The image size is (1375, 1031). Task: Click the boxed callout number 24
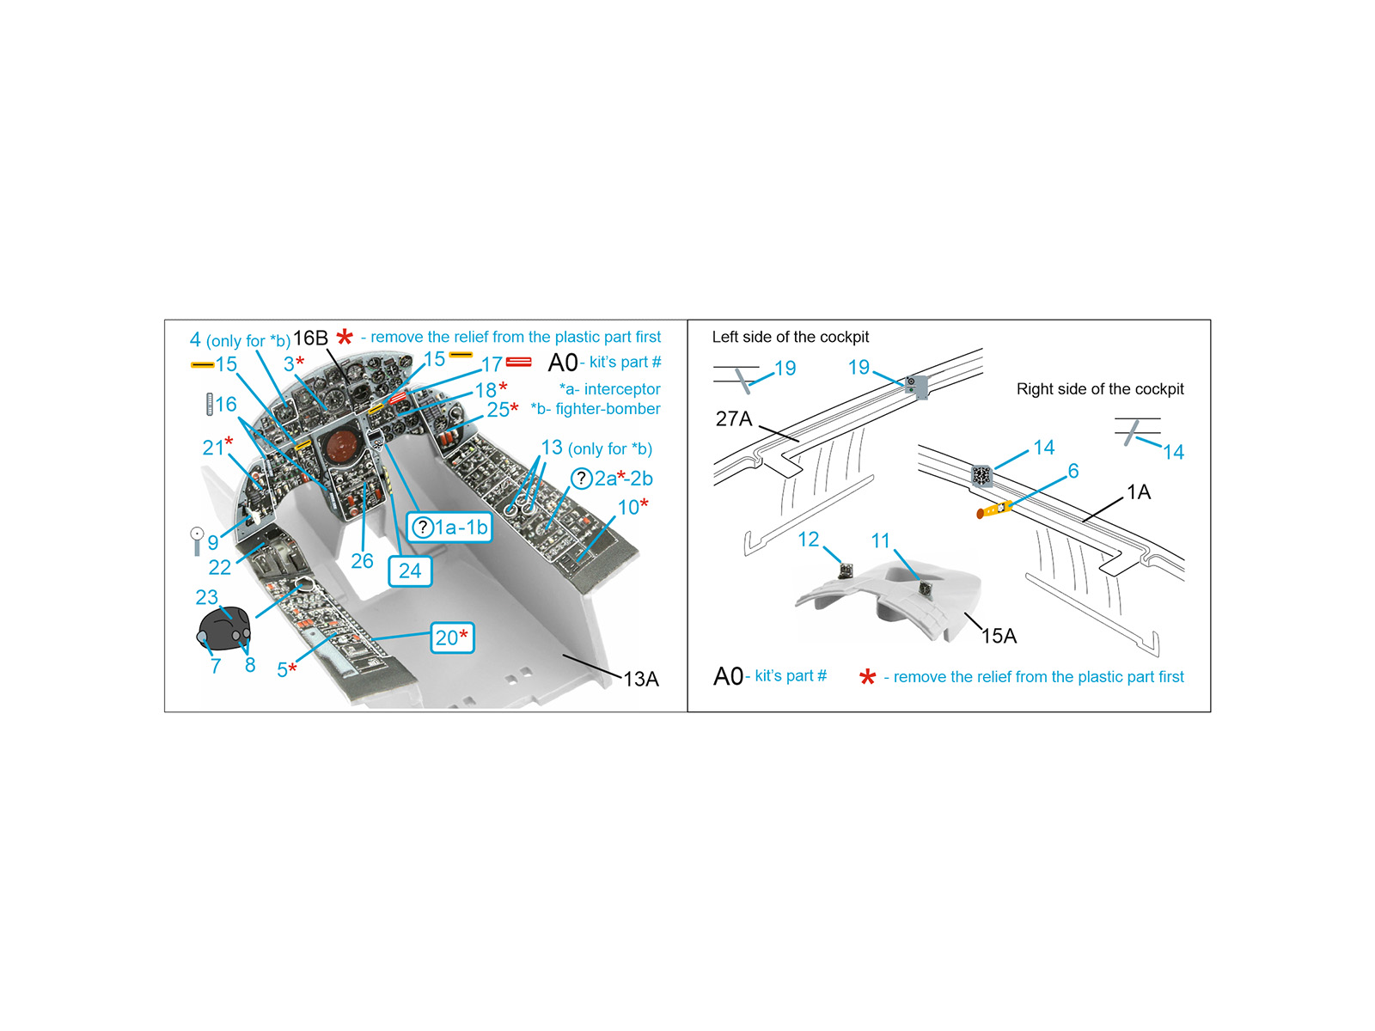click(x=410, y=570)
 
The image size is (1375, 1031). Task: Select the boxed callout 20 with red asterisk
click(x=452, y=638)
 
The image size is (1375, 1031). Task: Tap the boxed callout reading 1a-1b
click(x=449, y=527)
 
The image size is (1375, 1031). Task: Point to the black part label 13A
click(x=641, y=679)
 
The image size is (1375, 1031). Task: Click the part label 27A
click(x=734, y=418)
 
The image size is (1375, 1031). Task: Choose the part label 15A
click(x=999, y=636)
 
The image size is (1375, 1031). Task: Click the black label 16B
click(x=310, y=338)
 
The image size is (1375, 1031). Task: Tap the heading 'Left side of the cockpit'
click(x=790, y=337)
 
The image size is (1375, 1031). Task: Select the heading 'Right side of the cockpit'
click(x=1099, y=388)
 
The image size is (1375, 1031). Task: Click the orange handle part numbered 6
click(x=993, y=510)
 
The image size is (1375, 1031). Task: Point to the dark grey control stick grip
click(x=224, y=628)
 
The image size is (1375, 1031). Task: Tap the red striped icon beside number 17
click(x=519, y=363)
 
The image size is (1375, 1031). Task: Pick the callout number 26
click(x=362, y=561)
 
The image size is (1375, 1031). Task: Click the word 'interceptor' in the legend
click(x=621, y=388)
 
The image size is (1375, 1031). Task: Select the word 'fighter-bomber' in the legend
click(x=608, y=409)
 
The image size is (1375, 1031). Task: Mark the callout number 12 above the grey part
click(x=808, y=539)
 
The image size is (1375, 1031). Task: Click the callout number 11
click(x=880, y=540)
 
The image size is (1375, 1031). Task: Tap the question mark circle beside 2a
click(x=581, y=479)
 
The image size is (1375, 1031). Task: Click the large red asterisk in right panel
click(x=867, y=677)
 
